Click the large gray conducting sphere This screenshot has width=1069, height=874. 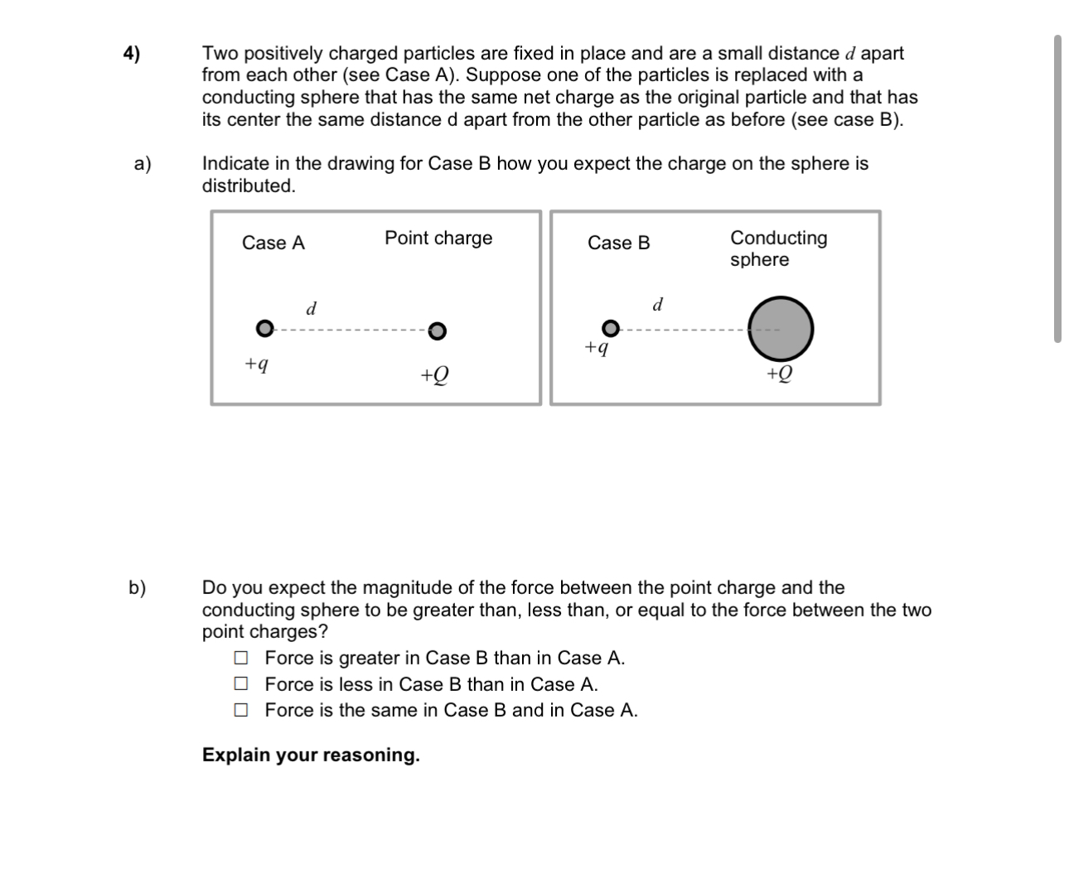pos(781,329)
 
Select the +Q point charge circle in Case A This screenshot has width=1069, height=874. pos(438,331)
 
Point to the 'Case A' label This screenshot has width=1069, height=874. pos(273,243)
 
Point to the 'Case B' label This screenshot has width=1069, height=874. pos(619,243)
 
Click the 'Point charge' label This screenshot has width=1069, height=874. pos(438,238)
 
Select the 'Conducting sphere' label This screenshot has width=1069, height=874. pos(778,249)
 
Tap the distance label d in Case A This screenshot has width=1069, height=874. pos(312,309)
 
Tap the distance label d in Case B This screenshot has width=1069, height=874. pos(658,304)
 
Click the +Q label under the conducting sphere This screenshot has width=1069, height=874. pos(779,374)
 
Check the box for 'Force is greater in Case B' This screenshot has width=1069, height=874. pos(241,658)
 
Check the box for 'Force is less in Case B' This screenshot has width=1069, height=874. pos(241,684)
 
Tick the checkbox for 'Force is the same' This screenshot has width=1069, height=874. pos(241,710)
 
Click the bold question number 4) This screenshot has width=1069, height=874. pos(132,54)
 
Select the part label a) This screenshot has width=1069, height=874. pos(143,163)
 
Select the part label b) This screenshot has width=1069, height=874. pos(137,588)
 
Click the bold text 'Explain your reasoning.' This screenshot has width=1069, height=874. pos(311,755)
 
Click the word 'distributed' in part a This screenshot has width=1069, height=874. pos(248,186)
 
